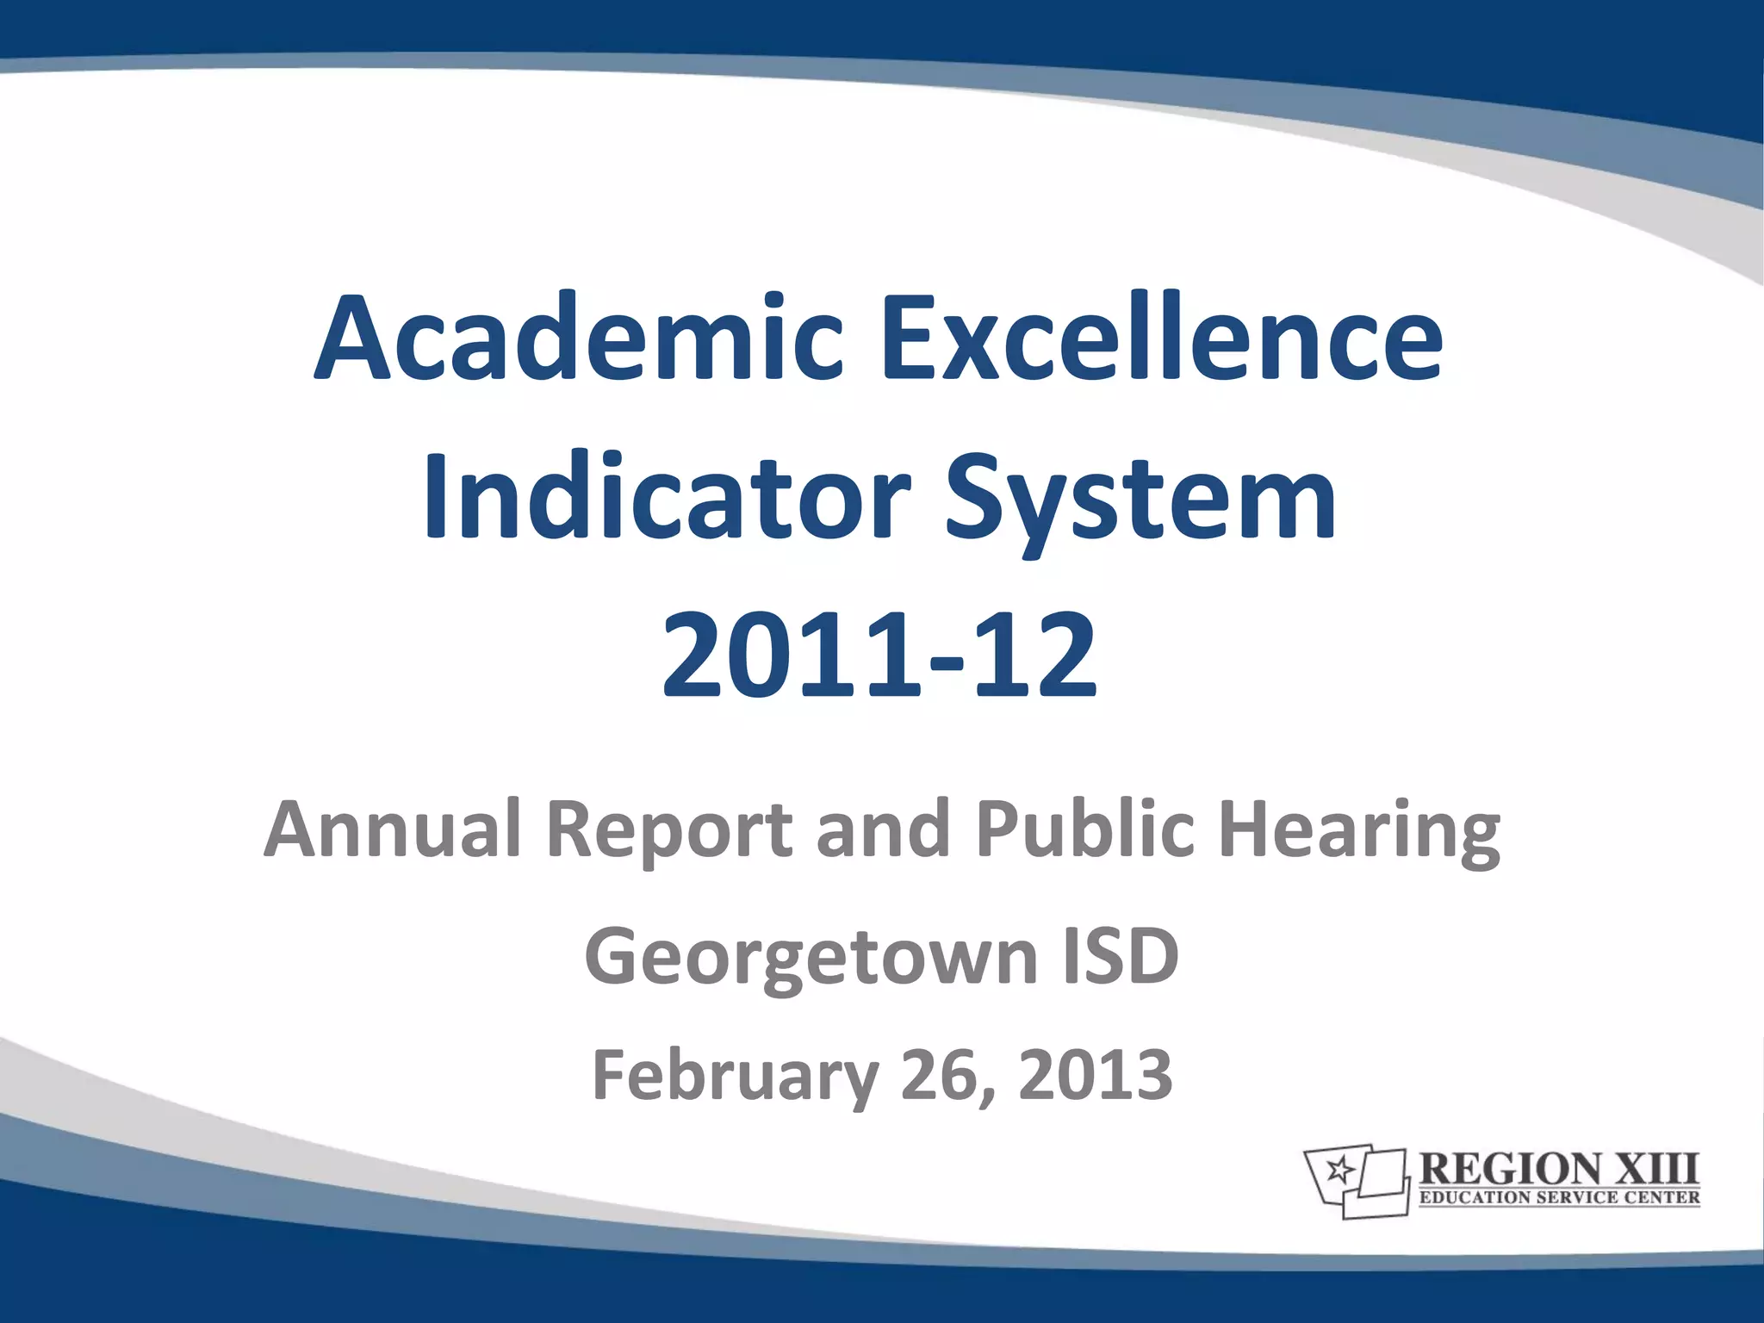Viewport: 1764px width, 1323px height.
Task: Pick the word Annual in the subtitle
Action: point(393,829)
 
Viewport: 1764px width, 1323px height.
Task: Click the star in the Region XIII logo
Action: point(1339,1170)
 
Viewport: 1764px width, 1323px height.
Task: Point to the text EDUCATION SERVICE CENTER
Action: point(1559,1197)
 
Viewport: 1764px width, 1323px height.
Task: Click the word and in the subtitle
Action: point(883,829)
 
